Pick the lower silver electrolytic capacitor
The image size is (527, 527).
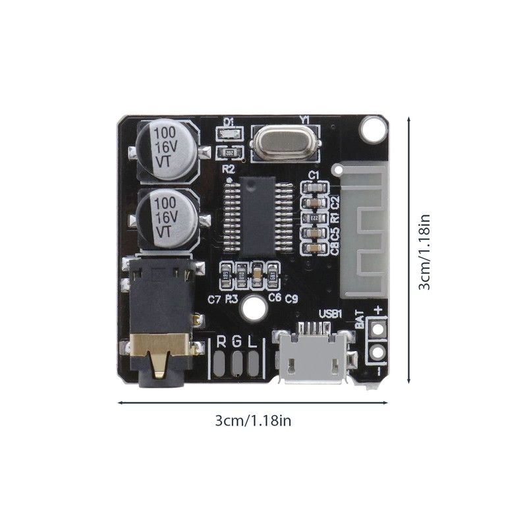(167, 218)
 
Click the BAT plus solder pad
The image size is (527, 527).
(377, 327)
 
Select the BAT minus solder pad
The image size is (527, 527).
(377, 352)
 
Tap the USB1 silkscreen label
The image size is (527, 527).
(330, 314)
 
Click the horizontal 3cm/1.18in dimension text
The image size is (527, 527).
(253, 421)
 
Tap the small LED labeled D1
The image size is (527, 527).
(229, 135)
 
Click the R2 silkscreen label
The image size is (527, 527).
(228, 169)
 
